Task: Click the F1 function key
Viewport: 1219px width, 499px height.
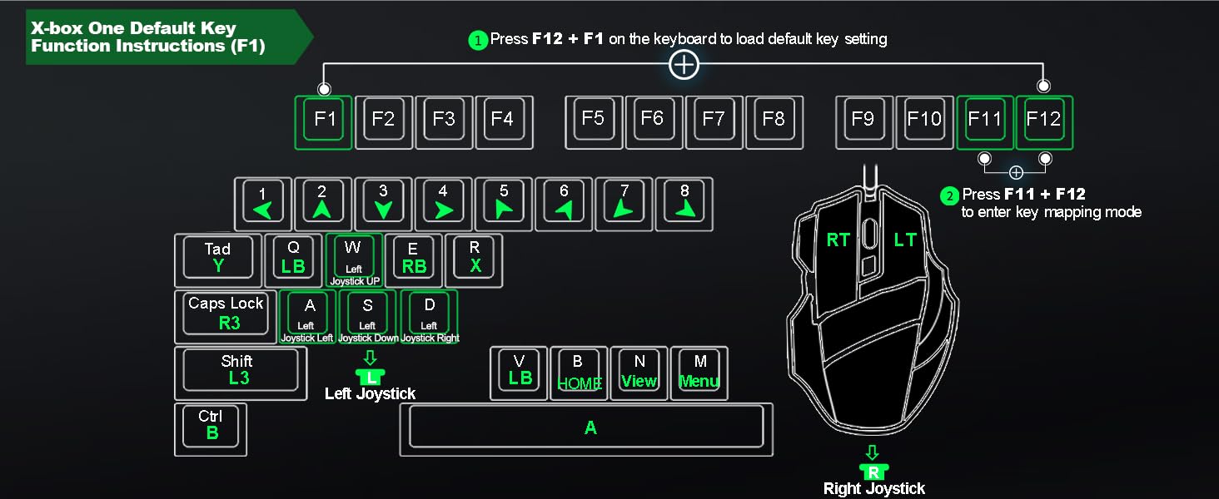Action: (323, 122)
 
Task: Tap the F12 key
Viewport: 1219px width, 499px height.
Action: (1044, 122)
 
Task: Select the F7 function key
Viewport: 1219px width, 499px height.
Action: (714, 122)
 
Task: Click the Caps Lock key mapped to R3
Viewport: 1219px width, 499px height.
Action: (226, 316)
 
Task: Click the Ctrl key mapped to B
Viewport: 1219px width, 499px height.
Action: (211, 429)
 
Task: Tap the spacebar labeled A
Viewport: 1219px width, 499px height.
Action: (586, 429)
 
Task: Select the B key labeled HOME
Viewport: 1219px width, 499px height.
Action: (579, 373)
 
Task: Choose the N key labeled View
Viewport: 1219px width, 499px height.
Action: (639, 373)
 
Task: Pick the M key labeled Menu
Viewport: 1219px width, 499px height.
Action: (699, 373)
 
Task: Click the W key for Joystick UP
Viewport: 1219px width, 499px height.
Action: (354, 260)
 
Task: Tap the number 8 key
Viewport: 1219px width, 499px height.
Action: (684, 205)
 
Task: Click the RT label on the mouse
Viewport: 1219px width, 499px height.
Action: (838, 240)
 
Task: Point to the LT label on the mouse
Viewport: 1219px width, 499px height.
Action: (905, 240)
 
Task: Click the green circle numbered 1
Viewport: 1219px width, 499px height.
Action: (478, 40)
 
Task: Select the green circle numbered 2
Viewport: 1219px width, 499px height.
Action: (949, 195)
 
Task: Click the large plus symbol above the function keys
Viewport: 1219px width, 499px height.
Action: (684, 65)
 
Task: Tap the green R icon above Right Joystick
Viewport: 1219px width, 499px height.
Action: (873, 472)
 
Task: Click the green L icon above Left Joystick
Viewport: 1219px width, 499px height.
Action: (370, 377)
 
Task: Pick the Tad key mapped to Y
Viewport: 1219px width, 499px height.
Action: (217, 260)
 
